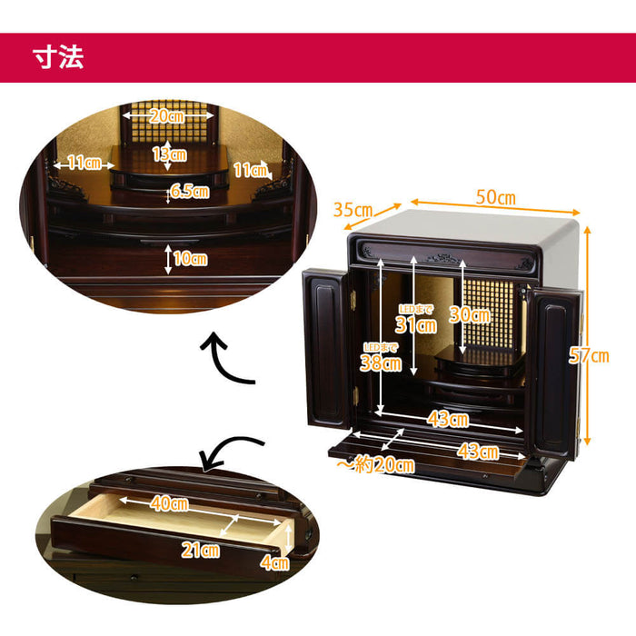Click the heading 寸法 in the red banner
(58, 56)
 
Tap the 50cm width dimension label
(496, 197)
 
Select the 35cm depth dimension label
(353, 210)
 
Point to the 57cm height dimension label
(589, 355)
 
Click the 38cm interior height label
(381, 363)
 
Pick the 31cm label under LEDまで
(416, 325)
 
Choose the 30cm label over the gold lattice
(470, 314)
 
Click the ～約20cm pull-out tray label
(375, 464)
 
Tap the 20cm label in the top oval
(167, 116)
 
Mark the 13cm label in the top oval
(170, 154)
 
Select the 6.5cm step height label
(190, 191)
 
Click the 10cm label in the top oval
(190, 258)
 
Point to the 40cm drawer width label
(170, 503)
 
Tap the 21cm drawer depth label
(201, 550)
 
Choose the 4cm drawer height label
(274, 562)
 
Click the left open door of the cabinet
(327, 349)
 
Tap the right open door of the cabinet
(556, 373)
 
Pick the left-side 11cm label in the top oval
(84, 163)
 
